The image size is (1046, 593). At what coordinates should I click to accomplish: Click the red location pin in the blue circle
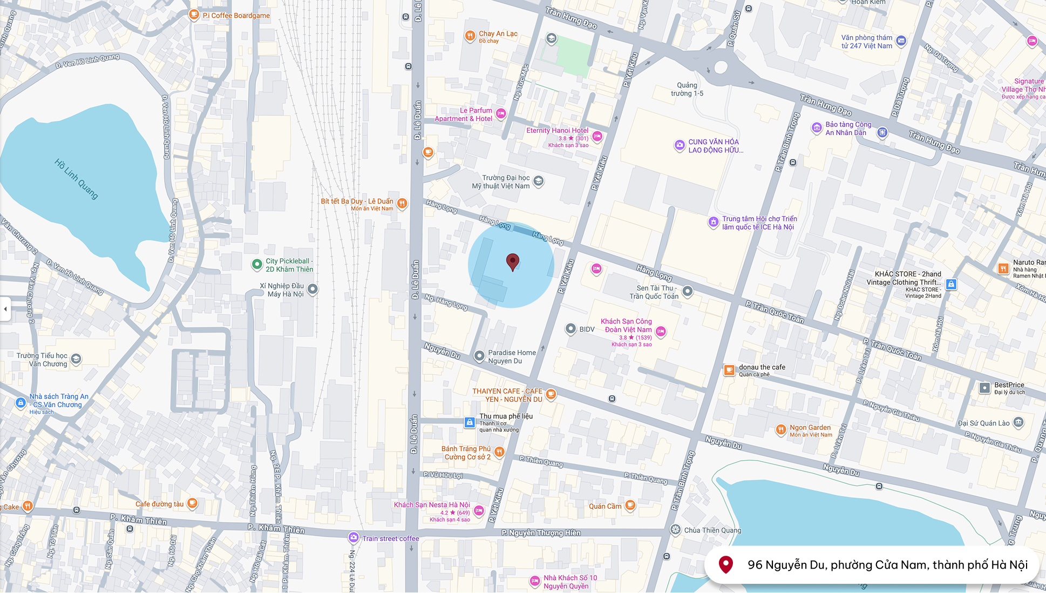pyautogui.click(x=513, y=262)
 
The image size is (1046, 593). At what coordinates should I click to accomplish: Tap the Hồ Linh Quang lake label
pyautogui.click(x=77, y=179)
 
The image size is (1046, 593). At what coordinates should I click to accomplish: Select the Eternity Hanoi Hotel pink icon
pyautogui.click(x=597, y=136)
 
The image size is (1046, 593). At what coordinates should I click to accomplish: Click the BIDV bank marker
pyautogui.click(x=570, y=329)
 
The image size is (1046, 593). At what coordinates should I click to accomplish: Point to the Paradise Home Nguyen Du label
pyautogui.click(x=512, y=356)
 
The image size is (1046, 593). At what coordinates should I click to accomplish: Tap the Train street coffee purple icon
pyautogui.click(x=354, y=537)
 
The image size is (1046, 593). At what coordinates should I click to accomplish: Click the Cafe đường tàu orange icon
pyautogui.click(x=192, y=503)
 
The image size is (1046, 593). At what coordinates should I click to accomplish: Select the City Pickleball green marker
pyautogui.click(x=257, y=265)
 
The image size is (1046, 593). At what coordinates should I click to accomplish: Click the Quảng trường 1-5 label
pyautogui.click(x=687, y=89)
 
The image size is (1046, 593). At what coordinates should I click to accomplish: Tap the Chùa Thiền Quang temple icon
pyautogui.click(x=675, y=530)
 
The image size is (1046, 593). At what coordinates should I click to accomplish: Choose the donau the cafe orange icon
pyautogui.click(x=729, y=370)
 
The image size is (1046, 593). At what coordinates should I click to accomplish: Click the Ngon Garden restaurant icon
pyautogui.click(x=780, y=430)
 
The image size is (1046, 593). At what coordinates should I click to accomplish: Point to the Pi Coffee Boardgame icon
pyautogui.click(x=194, y=15)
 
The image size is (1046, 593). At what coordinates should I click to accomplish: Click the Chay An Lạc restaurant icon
pyautogui.click(x=470, y=36)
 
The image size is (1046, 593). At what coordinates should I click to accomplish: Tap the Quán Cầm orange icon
pyautogui.click(x=630, y=506)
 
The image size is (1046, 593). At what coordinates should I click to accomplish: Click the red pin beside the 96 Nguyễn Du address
pyautogui.click(x=726, y=564)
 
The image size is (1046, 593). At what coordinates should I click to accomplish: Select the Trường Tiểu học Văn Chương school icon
pyautogui.click(x=76, y=359)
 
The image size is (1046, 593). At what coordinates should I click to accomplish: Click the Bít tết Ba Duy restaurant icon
pyautogui.click(x=402, y=204)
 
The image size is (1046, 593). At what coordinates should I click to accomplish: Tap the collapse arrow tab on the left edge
pyautogui.click(x=5, y=309)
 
